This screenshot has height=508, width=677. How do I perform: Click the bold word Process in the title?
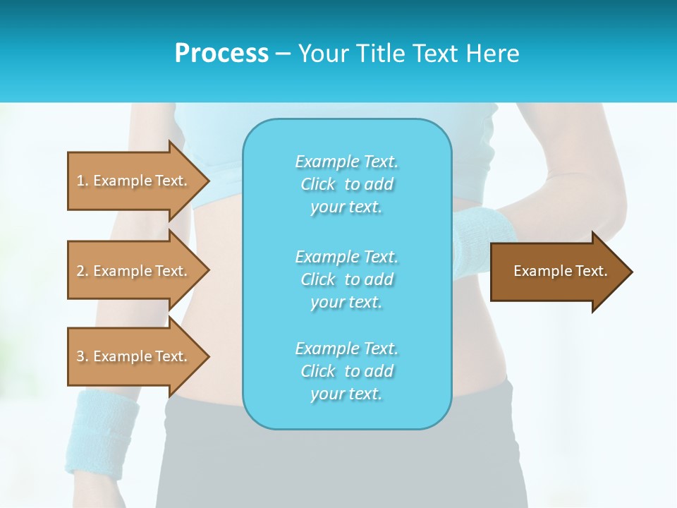pos(221,54)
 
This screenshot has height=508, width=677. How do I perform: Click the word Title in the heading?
pos(379,54)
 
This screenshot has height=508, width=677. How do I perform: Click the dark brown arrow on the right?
pos(557,272)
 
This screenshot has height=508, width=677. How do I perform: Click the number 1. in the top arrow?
pos(83,181)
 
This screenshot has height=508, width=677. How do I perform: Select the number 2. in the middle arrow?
pos(83,271)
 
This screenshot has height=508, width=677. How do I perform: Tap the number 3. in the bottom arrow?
pos(83,356)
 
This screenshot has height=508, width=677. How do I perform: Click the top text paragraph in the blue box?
pos(346,184)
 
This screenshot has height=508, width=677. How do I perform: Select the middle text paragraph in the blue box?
pos(346,279)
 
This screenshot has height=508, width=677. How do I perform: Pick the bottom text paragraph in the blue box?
pos(346,371)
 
